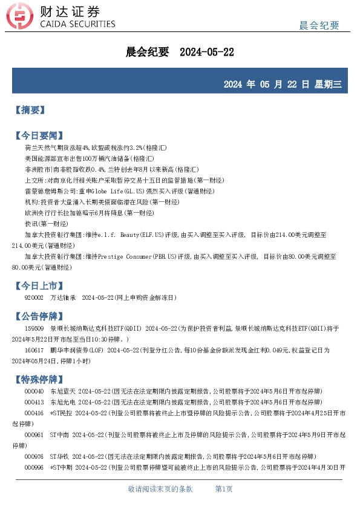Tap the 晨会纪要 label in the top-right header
319,25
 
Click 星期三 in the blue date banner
328,84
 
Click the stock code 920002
34,297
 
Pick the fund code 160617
34,349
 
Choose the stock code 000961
34,435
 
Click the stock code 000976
34,456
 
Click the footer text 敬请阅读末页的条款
160,488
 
